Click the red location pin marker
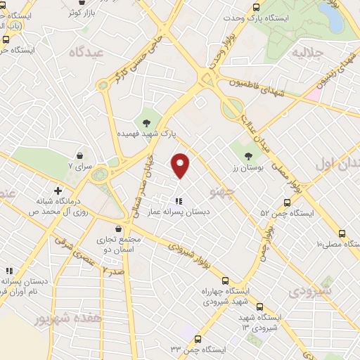(181, 165)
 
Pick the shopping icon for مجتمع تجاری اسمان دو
(118, 229)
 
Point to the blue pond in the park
(330, 19)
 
